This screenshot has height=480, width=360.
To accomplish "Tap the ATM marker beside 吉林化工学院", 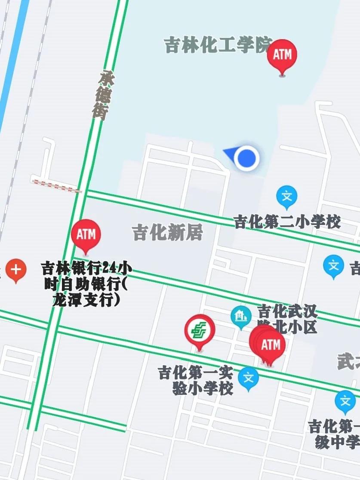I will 282,55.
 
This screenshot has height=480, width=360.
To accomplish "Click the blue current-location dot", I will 247,158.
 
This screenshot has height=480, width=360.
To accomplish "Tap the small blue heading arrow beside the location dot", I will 229,153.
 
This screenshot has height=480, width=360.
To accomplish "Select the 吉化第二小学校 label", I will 287,222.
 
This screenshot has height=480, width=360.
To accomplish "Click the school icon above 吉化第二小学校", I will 286,197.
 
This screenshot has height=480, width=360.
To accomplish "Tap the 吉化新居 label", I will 167,233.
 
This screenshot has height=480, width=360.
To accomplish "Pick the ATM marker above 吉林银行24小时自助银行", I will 86,235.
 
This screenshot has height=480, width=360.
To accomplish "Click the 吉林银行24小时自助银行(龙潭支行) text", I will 86,284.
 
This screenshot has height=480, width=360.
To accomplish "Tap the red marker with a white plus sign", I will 16,270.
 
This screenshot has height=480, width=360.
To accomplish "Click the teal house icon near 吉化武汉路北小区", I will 241,316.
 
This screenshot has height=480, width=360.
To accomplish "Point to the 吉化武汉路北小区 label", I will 287,318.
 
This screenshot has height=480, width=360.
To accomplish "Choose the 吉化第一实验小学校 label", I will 196,380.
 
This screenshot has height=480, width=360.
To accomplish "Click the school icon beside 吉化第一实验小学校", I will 248,377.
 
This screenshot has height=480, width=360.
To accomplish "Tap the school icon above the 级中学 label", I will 345,401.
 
